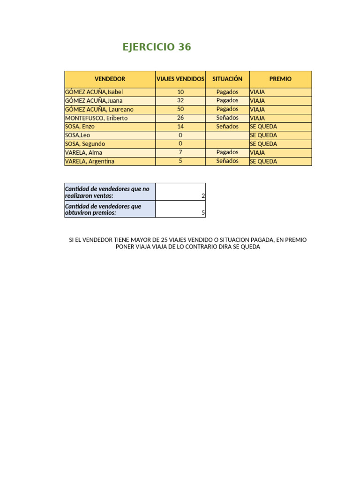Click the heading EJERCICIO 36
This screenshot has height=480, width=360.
pyautogui.click(x=157, y=47)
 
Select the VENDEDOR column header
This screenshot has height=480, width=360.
pyautogui.click(x=110, y=79)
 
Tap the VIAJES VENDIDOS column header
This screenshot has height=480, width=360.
pyautogui.click(x=180, y=79)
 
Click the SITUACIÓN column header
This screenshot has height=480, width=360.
pyautogui.click(x=227, y=79)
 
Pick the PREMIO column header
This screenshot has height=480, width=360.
pyautogui.click(x=280, y=79)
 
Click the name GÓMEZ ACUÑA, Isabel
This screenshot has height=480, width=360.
pyautogui.click(x=94, y=92)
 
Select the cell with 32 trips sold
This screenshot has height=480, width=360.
pyautogui.click(x=180, y=101)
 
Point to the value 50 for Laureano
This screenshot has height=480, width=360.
pyautogui.click(x=180, y=109)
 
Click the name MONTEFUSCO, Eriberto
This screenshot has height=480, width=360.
pyautogui.click(x=96, y=118)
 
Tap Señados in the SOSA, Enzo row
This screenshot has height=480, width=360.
pyautogui.click(x=227, y=127)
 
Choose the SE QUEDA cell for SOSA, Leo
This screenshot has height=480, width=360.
pyautogui.click(x=263, y=135)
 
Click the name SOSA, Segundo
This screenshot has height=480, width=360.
pyautogui.click(x=85, y=144)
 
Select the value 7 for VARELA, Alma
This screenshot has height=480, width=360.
pyautogui.click(x=180, y=152)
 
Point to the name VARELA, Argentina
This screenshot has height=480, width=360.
pyautogui.click(x=90, y=161)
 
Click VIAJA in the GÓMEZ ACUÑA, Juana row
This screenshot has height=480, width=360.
pyautogui.click(x=257, y=101)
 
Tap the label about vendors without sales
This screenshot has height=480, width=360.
pyautogui.click(x=107, y=192)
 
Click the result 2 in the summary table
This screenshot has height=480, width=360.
pyautogui.click(x=203, y=196)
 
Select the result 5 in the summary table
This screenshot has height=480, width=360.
pyautogui.click(x=203, y=213)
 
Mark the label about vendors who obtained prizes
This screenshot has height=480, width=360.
pyautogui.click(x=103, y=210)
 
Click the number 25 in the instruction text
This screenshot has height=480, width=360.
pyautogui.click(x=165, y=240)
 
